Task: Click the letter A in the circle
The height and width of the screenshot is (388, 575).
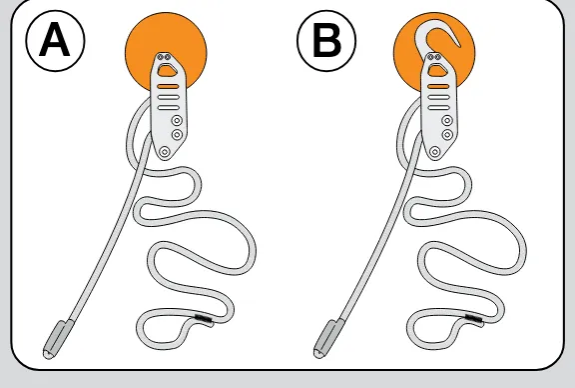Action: pyautogui.click(x=54, y=39)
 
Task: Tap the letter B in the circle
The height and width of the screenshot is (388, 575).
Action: pyautogui.click(x=326, y=40)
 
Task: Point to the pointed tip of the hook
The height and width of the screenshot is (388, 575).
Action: pyautogui.click(x=459, y=46)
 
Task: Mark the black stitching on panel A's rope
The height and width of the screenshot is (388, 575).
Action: pyautogui.click(x=204, y=320)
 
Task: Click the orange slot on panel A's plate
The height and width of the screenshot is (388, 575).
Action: pyautogui.click(x=169, y=87)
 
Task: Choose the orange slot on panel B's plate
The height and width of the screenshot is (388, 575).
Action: pyautogui.click(x=438, y=87)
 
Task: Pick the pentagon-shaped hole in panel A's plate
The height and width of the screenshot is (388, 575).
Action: pyautogui.click(x=167, y=70)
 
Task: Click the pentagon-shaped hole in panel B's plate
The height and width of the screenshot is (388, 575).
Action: pyautogui.click(x=437, y=70)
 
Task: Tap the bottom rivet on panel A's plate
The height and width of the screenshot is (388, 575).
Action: pyautogui.click(x=165, y=151)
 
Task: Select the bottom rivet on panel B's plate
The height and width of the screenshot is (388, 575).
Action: pyautogui.click(x=435, y=151)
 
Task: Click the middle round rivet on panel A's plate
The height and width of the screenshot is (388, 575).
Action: pyautogui.click(x=177, y=135)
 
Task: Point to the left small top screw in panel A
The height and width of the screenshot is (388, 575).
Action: pyautogui.click(x=161, y=57)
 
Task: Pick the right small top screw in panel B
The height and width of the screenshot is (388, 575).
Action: pyautogui.click(x=437, y=57)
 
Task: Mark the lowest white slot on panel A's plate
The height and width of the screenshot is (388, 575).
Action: pyautogui.click(x=169, y=108)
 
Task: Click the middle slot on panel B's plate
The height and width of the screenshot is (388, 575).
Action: pyautogui.click(x=438, y=97)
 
